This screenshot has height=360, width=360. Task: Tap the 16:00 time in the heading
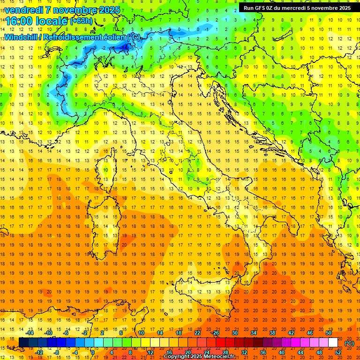[x=18, y=21]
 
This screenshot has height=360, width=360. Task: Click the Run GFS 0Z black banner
[x=297, y=7]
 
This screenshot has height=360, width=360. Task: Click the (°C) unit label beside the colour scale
[x=349, y=343]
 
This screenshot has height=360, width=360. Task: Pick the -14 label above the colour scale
[x=30, y=333]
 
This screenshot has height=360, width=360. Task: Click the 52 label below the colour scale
[x=338, y=352]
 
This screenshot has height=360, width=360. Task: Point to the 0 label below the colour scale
[x=93, y=352]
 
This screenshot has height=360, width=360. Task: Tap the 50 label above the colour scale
[x=328, y=333]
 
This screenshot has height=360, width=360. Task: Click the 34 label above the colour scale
[x=254, y=333]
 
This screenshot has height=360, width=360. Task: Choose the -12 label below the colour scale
[x=39, y=352]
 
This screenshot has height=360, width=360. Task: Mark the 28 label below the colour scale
[x=225, y=352]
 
